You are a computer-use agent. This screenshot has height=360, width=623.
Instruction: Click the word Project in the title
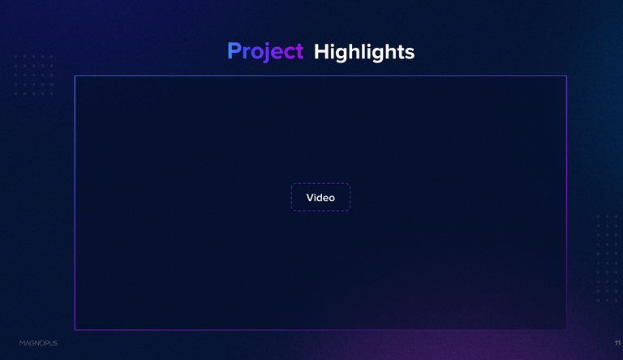(265, 52)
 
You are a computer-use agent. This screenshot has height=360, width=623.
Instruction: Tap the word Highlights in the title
(364, 52)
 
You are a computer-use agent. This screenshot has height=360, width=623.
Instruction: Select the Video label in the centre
(320, 198)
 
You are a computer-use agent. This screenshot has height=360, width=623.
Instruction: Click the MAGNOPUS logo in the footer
(39, 343)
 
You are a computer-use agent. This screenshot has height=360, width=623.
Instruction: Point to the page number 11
(617, 343)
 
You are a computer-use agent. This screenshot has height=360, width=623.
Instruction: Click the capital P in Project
(234, 51)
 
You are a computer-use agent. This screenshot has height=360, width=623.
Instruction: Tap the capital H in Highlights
(321, 51)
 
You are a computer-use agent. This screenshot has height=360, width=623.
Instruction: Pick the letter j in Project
(269, 53)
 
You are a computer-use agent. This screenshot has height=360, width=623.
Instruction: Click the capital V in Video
(311, 198)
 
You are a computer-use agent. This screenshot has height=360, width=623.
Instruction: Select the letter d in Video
(322, 198)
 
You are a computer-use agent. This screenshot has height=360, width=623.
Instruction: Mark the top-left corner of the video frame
(75, 76)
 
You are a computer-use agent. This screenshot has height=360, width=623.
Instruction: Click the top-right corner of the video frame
(566, 76)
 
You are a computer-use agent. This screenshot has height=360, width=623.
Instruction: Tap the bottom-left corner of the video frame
(75, 330)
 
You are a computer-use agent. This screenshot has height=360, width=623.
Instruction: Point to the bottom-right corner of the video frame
(566, 330)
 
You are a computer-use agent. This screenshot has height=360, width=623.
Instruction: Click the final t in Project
(299, 52)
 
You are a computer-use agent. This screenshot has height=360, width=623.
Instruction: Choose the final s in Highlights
(410, 54)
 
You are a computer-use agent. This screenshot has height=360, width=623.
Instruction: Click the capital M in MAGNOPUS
(22, 343)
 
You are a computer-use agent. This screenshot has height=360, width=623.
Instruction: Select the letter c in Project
(290, 54)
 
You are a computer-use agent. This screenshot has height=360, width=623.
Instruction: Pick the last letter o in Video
(331, 199)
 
